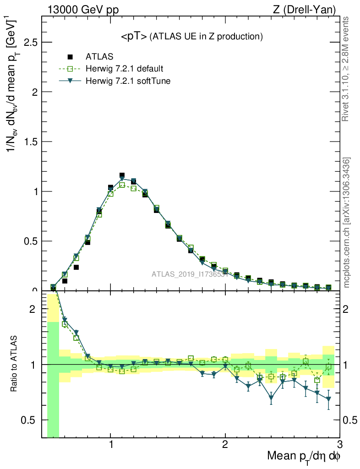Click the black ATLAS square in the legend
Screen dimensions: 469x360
coord(70,57)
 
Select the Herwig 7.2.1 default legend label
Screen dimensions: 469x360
coord(124,69)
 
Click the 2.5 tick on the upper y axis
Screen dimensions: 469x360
coord(30,42)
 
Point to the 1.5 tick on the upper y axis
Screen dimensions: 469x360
coord(30,142)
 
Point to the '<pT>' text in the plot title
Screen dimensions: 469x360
coord(133,36)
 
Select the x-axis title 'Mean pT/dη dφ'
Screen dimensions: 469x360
coord(304,457)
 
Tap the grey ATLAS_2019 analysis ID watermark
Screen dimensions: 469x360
coord(190,274)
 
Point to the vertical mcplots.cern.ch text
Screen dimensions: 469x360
coord(347,223)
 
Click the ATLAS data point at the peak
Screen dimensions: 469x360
coord(122,175)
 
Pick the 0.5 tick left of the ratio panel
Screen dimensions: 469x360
coord(30,420)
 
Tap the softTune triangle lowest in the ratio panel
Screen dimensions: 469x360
coord(271,398)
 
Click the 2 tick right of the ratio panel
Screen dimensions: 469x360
coord(349,309)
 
